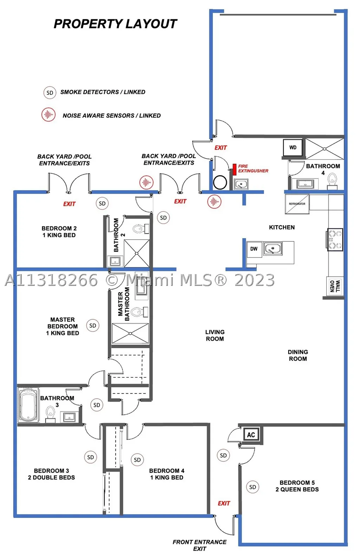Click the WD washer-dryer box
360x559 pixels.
coord(293,148)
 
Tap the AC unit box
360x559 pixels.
coord(251,435)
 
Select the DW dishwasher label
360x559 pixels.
coord(254,249)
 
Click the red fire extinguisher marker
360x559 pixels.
coord(235,169)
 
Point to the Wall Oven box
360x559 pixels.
coord(335,286)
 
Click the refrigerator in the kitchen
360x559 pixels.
coord(297,204)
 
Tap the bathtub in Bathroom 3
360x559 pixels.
coord(28,405)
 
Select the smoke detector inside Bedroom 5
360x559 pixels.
coord(253,487)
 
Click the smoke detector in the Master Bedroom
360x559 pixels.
coord(93,325)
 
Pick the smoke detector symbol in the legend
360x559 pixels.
coord(50,93)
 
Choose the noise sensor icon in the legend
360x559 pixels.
coord(48,115)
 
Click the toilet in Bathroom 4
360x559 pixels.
coord(332,181)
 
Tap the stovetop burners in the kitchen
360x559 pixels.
coord(335,240)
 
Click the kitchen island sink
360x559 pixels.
coord(273,248)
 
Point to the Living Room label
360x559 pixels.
coord(215,336)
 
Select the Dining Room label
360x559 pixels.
coord(298,355)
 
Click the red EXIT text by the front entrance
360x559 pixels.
coord(224,503)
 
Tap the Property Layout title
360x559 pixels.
coord(115,24)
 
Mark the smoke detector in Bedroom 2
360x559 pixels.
coord(102,203)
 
